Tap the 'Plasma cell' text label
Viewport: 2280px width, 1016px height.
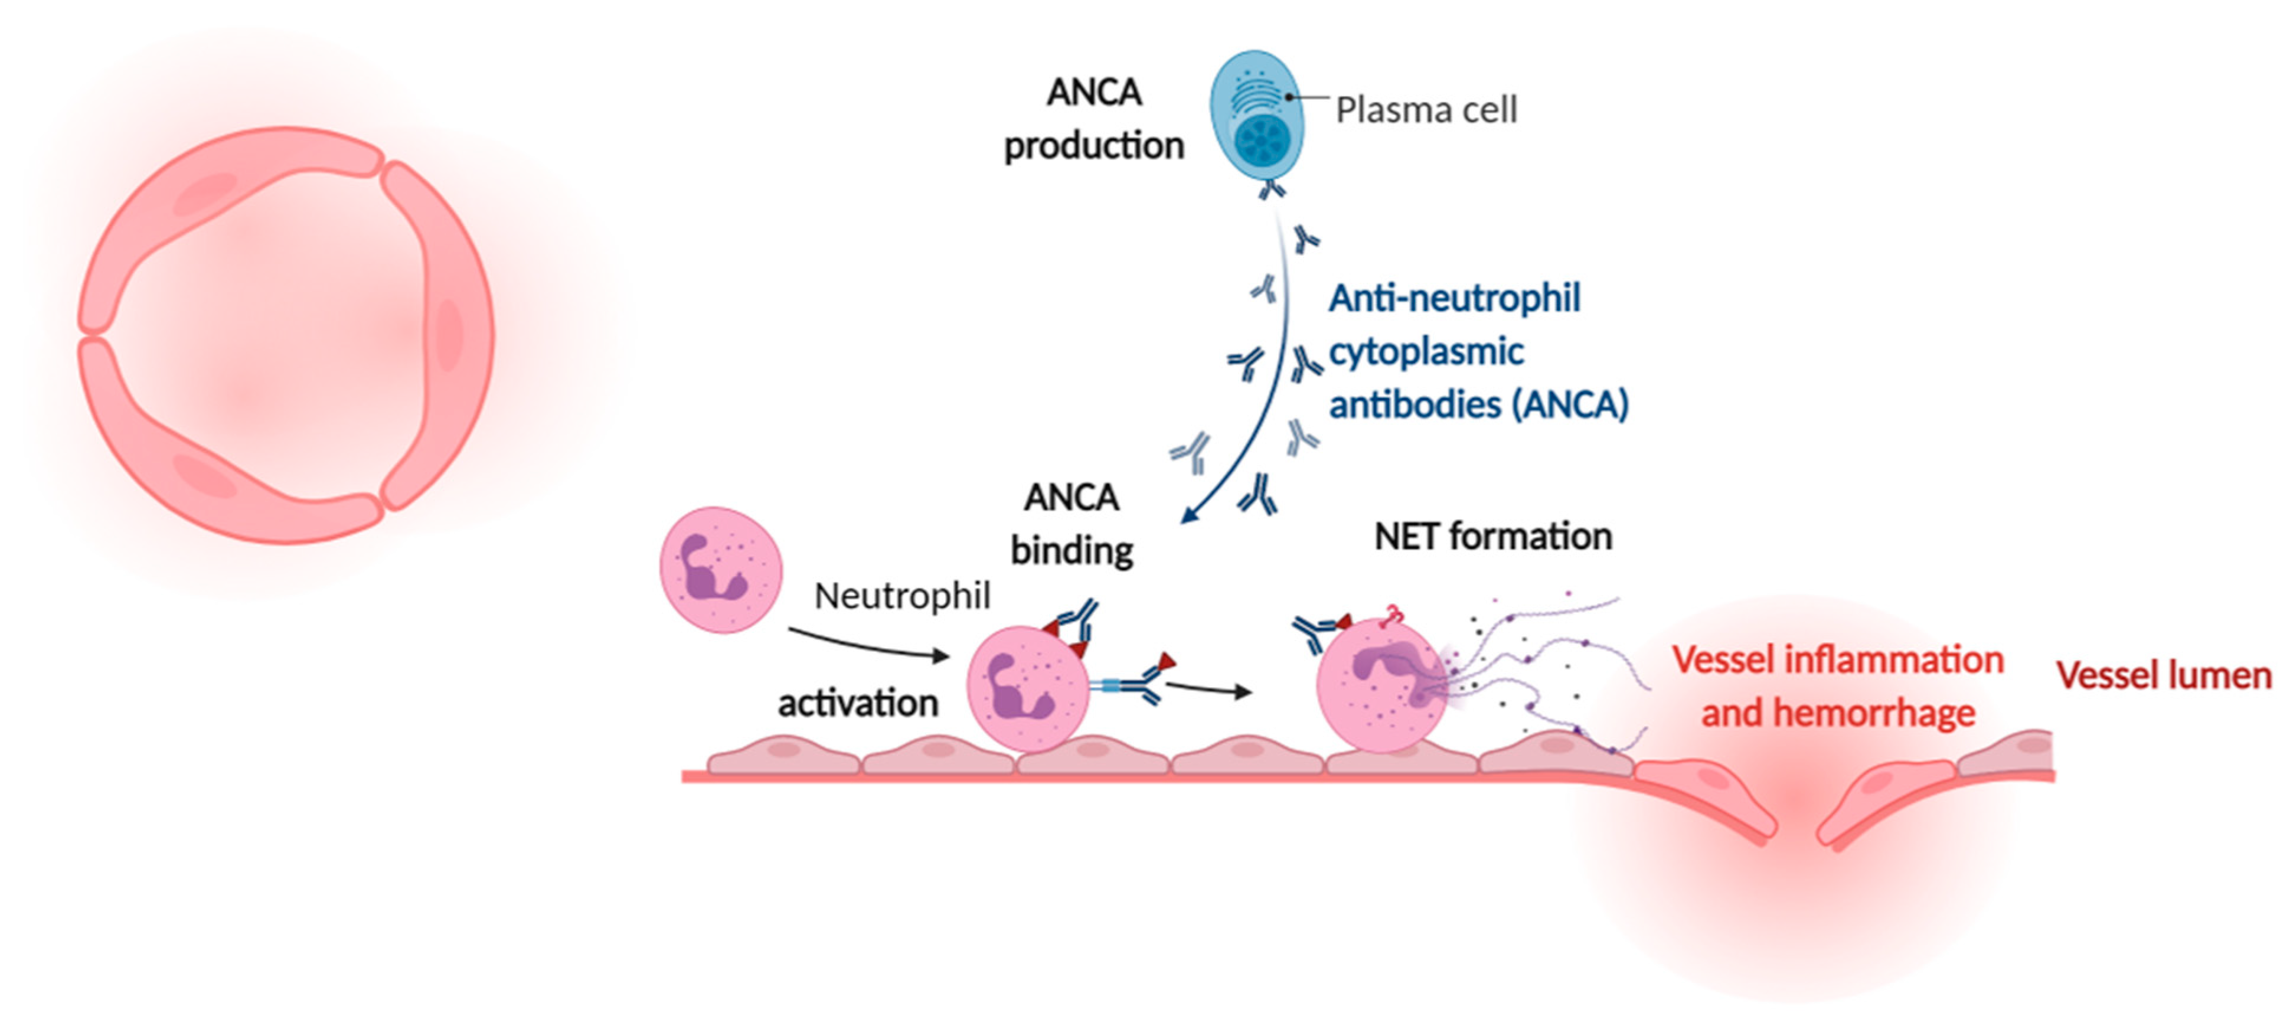coord(1426,110)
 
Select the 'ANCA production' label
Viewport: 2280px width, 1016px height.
coord(1094,119)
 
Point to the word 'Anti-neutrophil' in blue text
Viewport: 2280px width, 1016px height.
coord(1454,298)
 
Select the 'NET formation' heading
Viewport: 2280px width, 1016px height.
coord(1493,536)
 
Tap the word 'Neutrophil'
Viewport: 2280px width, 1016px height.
coord(902,596)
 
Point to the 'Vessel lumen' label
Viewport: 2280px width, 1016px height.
coord(2163,675)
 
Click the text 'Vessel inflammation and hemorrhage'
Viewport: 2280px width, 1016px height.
coord(1837,687)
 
